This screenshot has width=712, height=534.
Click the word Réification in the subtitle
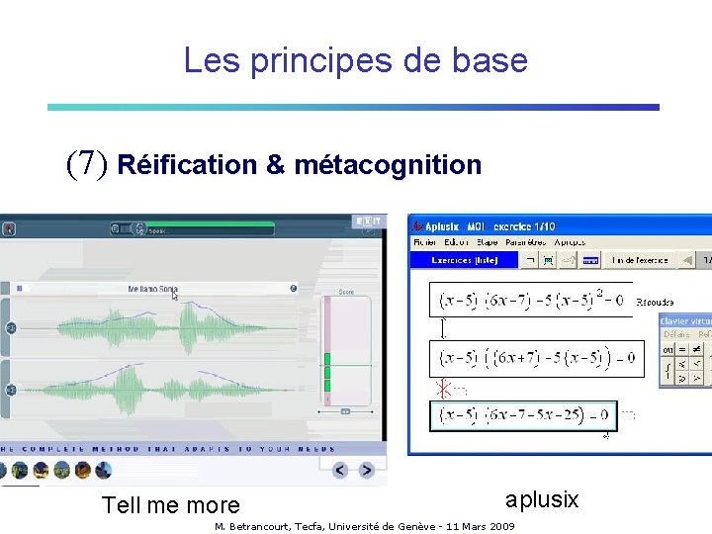pyautogui.click(x=186, y=164)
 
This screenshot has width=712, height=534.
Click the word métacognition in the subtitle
pyautogui.click(x=388, y=164)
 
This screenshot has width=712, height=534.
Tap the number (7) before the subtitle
pyautogui.click(x=86, y=163)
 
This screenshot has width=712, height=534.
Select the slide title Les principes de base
pyautogui.click(x=355, y=61)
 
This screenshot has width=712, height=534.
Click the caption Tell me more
pyautogui.click(x=170, y=505)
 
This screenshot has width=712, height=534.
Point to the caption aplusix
pyautogui.click(x=542, y=499)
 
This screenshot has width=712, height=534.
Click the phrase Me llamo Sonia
pyautogui.click(x=153, y=289)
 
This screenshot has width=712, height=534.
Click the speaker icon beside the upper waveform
pyautogui.click(x=11, y=327)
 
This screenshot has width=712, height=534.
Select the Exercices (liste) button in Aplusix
pyautogui.click(x=464, y=260)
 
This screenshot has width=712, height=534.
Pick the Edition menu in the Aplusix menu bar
pyautogui.click(x=456, y=241)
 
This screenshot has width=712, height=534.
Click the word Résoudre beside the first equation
pyautogui.click(x=655, y=301)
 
